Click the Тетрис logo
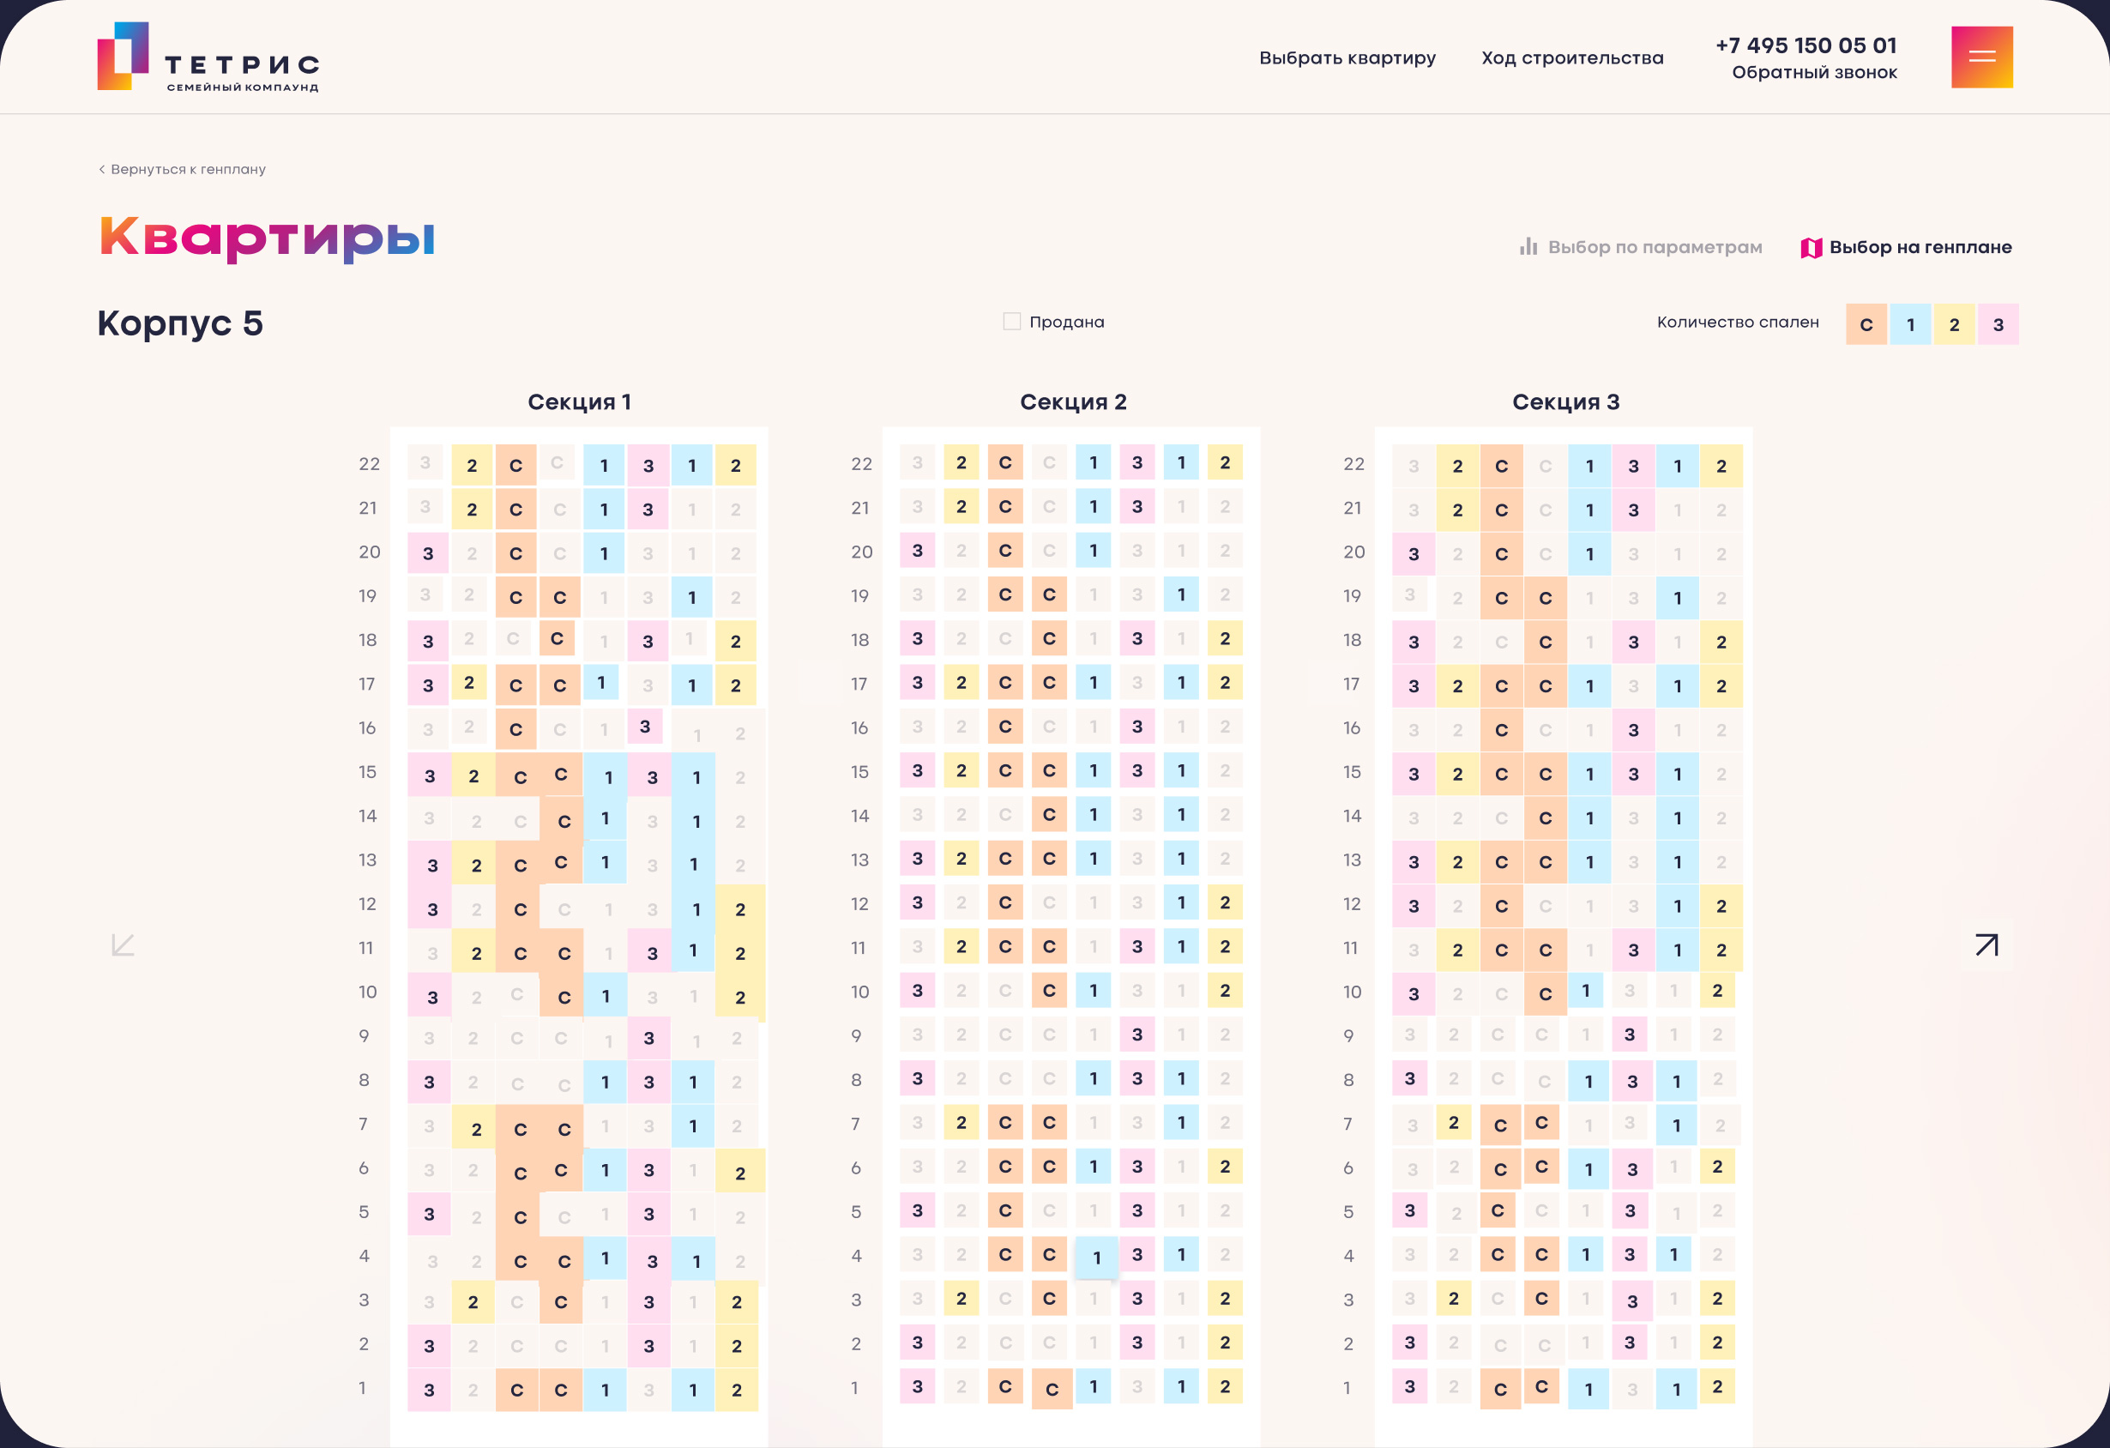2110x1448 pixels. pyautogui.click(x=208, y=57)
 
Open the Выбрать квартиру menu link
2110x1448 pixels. pyautogui.click(x=1347, y=58)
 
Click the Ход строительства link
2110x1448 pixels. pyautogui.click(x=1572, y=58)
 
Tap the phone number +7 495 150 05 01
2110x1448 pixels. pyautogui.click(x=1805, y=45)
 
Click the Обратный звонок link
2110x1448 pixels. pyautogui.click(x=1814, y=73)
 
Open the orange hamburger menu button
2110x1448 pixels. pyautogui.click(x=1982, y=57)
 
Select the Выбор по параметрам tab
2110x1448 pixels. pyautogui.click(x=1642, y=247)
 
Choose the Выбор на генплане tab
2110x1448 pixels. pyautogui.click(x=1907, y=247)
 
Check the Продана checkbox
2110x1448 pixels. pyautogui.click(x=1011, y=322)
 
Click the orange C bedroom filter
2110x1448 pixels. pyautogui.click(x=1866, y=325)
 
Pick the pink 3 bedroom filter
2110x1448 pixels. pyautogui.click(x=1998, y=325)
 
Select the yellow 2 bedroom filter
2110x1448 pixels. pyautogui.click(x=1954, y=325)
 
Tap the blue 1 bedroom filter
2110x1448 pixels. pyautogui.click(x=1910, y=325)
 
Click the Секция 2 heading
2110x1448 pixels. pyautogui.click(x=1073, y=402)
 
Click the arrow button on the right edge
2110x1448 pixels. pyautogui.click(x=1986, y=945)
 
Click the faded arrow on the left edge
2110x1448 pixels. pyautogui.click(x=123, y=945)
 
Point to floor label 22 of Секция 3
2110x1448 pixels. pyautogui.click(x=1353, y=464)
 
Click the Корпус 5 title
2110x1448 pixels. pyautogui.click(x=180, y=323)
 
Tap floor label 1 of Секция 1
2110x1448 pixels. pyautogui.click(x=362, y=1388)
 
